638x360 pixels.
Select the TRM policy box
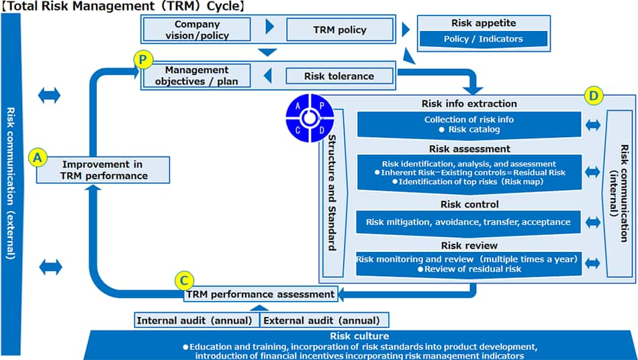point(340,30)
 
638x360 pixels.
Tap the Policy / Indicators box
point(483,39)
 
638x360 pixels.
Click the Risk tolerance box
point(339,76)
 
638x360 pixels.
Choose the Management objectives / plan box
point(197,76)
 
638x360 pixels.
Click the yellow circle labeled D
point(594,96)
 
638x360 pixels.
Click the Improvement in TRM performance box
point(103,170)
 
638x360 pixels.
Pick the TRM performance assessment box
point(261,294)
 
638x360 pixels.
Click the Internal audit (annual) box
point(195,320)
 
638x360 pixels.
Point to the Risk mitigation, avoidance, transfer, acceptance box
point(468,222)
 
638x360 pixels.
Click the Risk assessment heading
point(469,148)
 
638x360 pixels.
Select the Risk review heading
point(469,245)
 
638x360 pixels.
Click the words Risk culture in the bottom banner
point(359,336)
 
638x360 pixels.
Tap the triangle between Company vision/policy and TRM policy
point(270,28)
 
